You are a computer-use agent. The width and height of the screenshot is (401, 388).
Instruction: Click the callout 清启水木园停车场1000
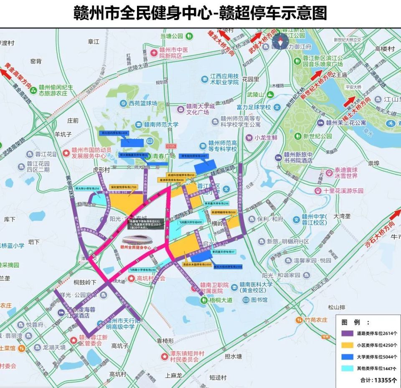[x=196, y=264]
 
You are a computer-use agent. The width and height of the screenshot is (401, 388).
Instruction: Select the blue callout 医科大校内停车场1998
[x=228, y=266]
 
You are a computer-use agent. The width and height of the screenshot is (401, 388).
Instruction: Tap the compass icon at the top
[x=279, y=41]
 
